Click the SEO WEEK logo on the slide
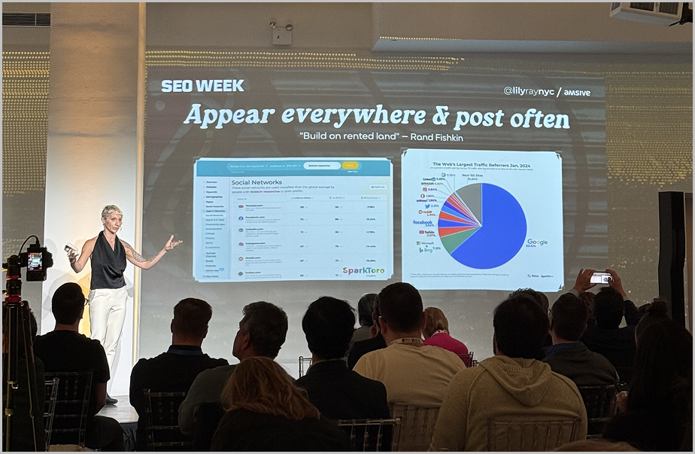click(202, 86)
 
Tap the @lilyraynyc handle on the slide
click(528, 91)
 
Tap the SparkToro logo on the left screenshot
click(364, 270)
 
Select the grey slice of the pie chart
click(470, 197)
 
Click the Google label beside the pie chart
click(537, 242)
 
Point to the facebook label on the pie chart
click(423, 222)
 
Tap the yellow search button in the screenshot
click(350, 166)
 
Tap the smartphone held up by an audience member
click(600, 278)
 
